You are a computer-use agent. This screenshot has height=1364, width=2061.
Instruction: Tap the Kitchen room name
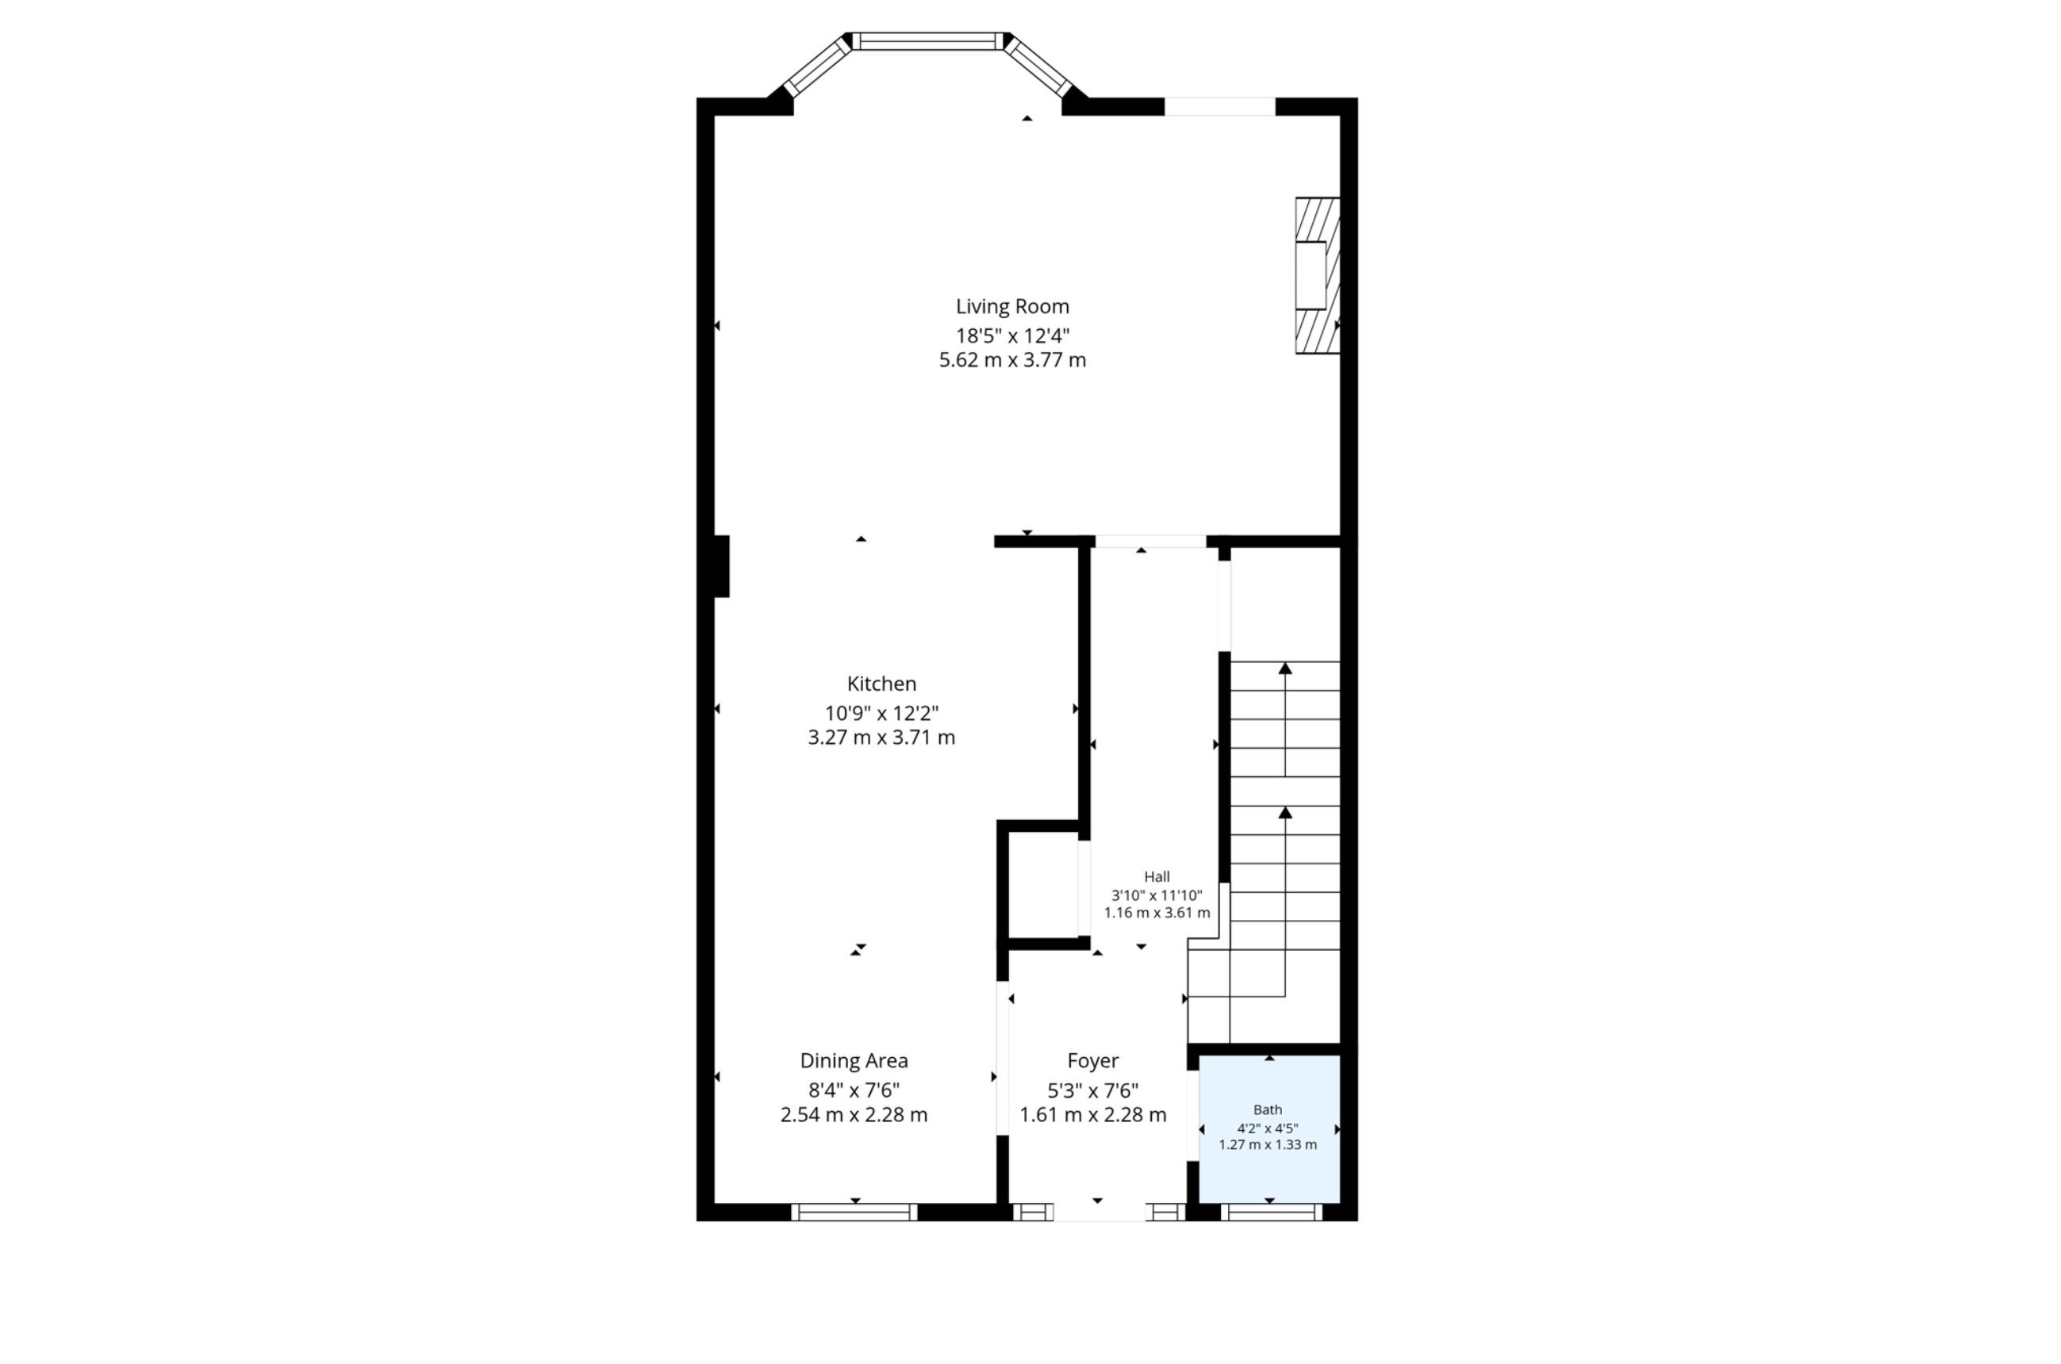click(881, 684)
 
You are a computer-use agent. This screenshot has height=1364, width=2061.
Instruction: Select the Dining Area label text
click(854, 1060)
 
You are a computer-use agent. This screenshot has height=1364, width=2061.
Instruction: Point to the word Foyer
click(1092, 1061)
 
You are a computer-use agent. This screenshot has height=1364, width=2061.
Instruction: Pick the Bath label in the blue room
click(1268, 1110)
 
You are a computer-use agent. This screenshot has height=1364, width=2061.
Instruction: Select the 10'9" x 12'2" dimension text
click(881, 713)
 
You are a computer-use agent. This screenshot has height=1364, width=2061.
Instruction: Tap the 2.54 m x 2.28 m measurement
click(854, 1114)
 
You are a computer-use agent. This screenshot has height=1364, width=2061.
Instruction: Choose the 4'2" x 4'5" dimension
click(1268, 1128)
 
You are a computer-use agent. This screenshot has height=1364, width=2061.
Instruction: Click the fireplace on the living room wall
click(1317, 276)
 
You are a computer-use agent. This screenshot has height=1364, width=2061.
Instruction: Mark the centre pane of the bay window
click(927, 41)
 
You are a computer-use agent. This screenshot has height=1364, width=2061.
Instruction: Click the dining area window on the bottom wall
click(854, 1212)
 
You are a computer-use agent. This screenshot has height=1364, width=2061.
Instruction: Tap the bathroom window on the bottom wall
click(1271, 1212)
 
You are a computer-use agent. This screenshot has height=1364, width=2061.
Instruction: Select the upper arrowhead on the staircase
click(1285, 668)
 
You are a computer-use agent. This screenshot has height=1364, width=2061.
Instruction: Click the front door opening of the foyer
click(1100, 1213)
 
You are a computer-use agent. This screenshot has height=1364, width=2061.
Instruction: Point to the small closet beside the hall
click(1044, 886)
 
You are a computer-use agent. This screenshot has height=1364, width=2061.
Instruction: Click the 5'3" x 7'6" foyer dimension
click(1092, 1090)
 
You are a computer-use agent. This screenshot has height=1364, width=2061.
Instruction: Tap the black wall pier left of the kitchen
click(721, 566)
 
